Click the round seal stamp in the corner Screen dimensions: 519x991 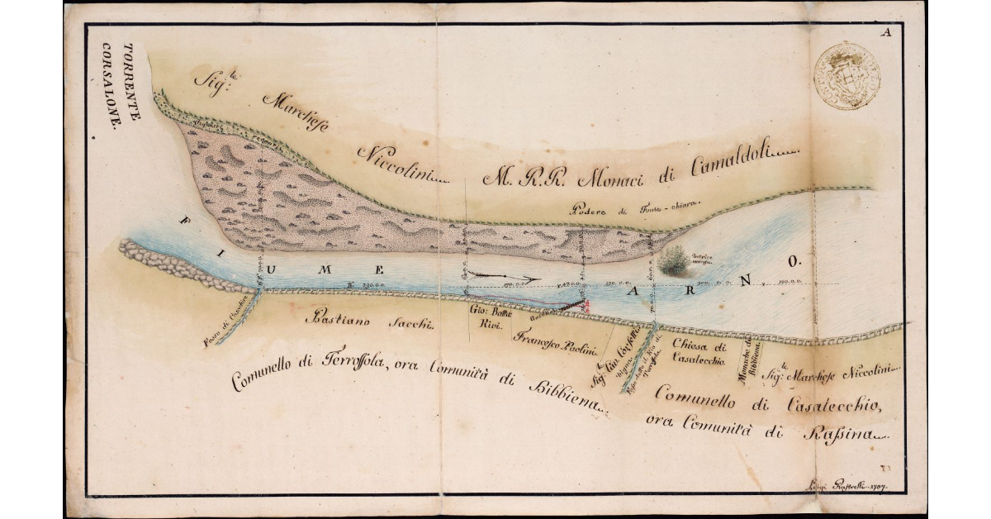tap(846, 76)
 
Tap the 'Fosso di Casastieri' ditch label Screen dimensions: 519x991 tap(225, 328)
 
